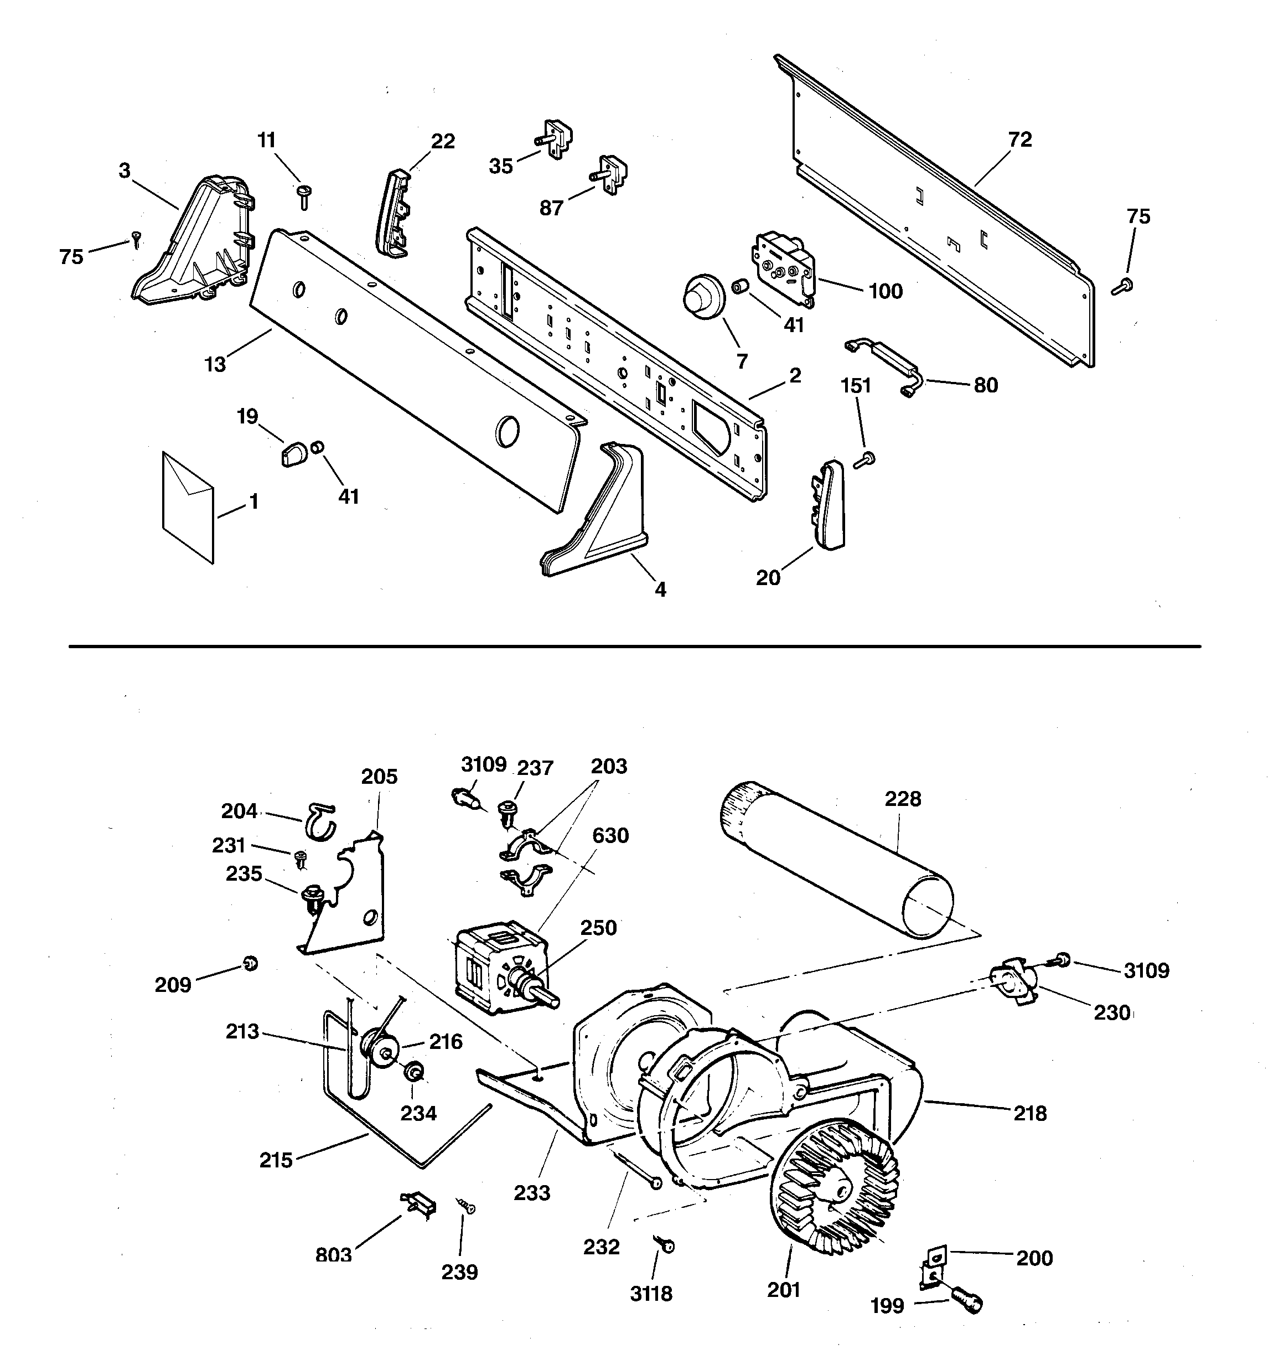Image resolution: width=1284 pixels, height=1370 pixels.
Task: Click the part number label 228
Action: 903,799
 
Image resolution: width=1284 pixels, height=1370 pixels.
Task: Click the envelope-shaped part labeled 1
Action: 188,506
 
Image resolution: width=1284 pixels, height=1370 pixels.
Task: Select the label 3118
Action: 651,1294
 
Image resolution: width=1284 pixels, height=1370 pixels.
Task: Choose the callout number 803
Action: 334,1255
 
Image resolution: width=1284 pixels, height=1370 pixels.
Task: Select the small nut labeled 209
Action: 251,963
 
